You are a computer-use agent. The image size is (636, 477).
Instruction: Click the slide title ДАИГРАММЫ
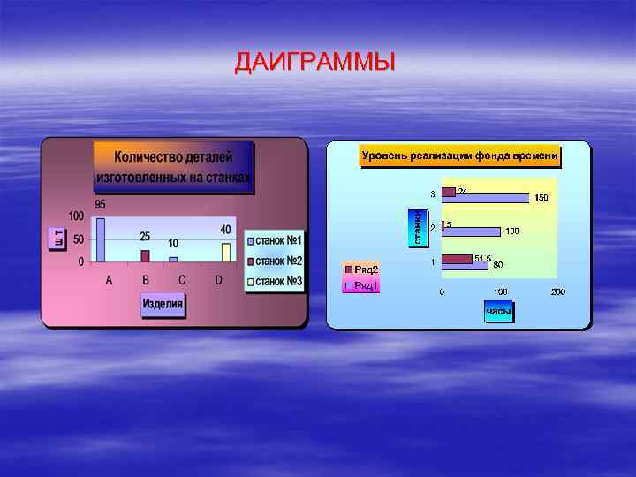coord(315,63)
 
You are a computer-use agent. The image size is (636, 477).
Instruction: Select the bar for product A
coord(101,239)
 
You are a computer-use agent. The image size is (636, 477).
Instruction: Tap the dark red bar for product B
coord(145,256)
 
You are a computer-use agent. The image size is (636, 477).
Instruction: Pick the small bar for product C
coord(173,260)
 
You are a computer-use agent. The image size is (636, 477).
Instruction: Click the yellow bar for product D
coord(225,253)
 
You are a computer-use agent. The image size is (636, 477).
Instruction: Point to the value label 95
coord(102,205)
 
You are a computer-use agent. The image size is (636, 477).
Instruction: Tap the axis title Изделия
coord(163,305)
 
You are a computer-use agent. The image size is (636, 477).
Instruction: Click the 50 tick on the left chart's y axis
coord(78,239)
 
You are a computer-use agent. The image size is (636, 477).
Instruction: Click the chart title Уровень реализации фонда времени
coord(459,156)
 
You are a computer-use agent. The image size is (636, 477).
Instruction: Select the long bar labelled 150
coord(485,198)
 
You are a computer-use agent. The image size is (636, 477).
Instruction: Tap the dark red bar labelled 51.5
coord(457,259)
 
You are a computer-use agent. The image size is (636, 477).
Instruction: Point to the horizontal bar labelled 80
coord(465,265)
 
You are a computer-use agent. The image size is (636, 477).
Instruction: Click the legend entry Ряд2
coord(362,269)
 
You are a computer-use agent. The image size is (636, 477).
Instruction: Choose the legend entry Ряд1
coord(362,285)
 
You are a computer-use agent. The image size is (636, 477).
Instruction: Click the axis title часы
coord(498,311)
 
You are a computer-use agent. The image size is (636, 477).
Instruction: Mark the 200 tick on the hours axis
coord(558,292)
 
